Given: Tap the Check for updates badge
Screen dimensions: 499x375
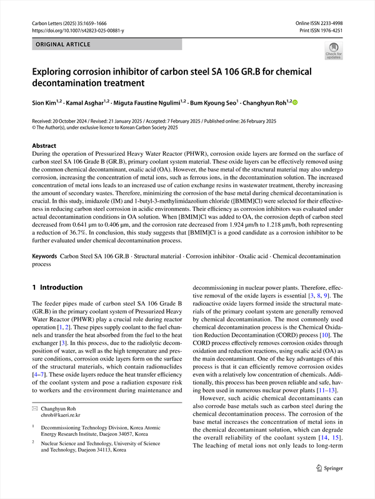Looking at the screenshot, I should click(334, 51).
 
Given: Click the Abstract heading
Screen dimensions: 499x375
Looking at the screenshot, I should click(44, 145).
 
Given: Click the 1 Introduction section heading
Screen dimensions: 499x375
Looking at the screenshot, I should click(57, 287).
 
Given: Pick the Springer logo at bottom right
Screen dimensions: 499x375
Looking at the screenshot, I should click(331, 484).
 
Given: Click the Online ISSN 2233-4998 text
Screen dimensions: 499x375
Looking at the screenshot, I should click(319, 23).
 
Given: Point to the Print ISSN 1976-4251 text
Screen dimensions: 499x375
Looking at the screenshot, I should click(322, 30).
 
